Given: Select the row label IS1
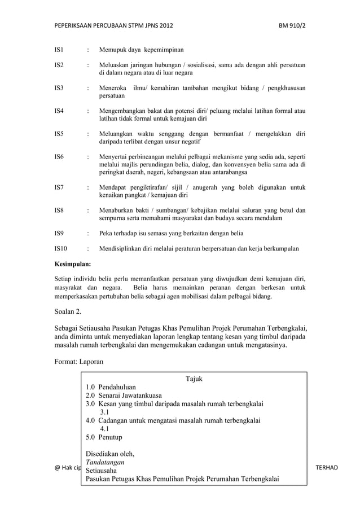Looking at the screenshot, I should click(x=59, y=50).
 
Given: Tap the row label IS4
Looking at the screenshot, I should click(x=59, y=111).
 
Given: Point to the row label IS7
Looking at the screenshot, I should click(x=59, y=187).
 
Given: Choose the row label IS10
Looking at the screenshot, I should click(x=60, y=248).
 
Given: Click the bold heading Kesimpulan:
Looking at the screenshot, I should click(x=72, y=263).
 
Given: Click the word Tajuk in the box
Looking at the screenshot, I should click(x=194, y=379).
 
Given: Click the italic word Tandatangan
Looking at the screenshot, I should click(x=106, y=462).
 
